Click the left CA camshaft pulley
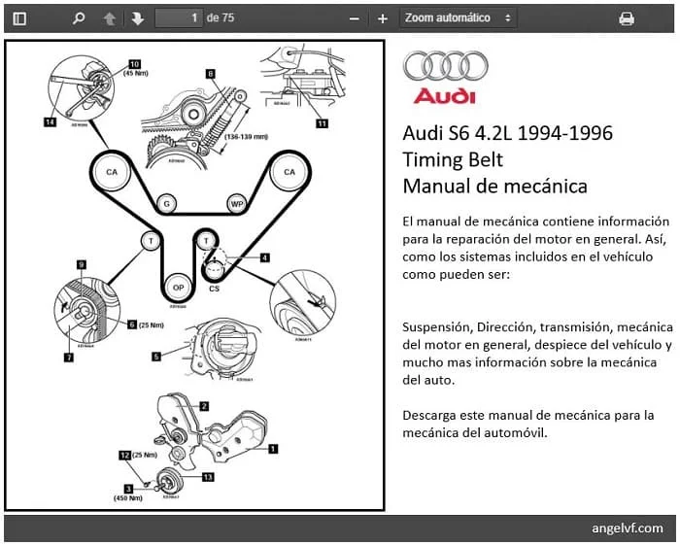[x=112, y=173]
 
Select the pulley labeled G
[x=168, y=204]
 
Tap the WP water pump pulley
[x=236, y=204]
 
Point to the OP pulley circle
[x=178, y=288]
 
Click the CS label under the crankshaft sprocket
[x=214, y=289]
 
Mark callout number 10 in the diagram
[x=134, y=64]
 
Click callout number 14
[x=50, y=122]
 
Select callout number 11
[x=322, y=123]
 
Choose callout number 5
[x=155, y=357]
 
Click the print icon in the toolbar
[x=627, y=18]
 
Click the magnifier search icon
[x=79, y=18]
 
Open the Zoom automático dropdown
[x=458, y=18]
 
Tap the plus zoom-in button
[x=383, y=18]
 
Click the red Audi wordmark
[x=444, y=96]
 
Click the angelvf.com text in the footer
[x=627, y=529]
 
